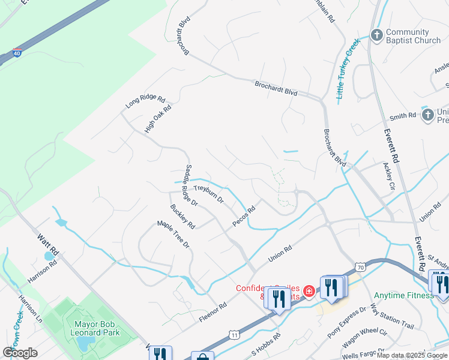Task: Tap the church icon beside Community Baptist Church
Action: click(376, 35)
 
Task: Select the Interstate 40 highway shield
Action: click(17, 53)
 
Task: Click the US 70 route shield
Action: click(360, 266)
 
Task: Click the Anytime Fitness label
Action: click(403, 295)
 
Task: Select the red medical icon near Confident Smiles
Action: click(309, 292)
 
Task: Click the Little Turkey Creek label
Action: click(348, 68)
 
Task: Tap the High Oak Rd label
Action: click(158, 119)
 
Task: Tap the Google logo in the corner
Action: click(20, 352)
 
